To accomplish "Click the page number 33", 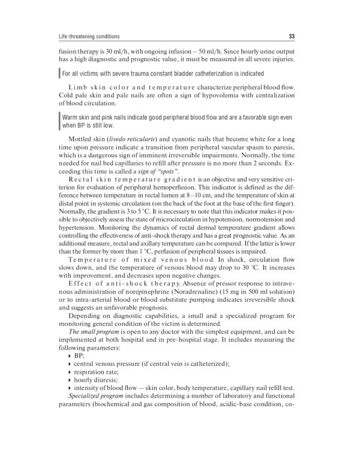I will pyautogui.click(x=291, y=35).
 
